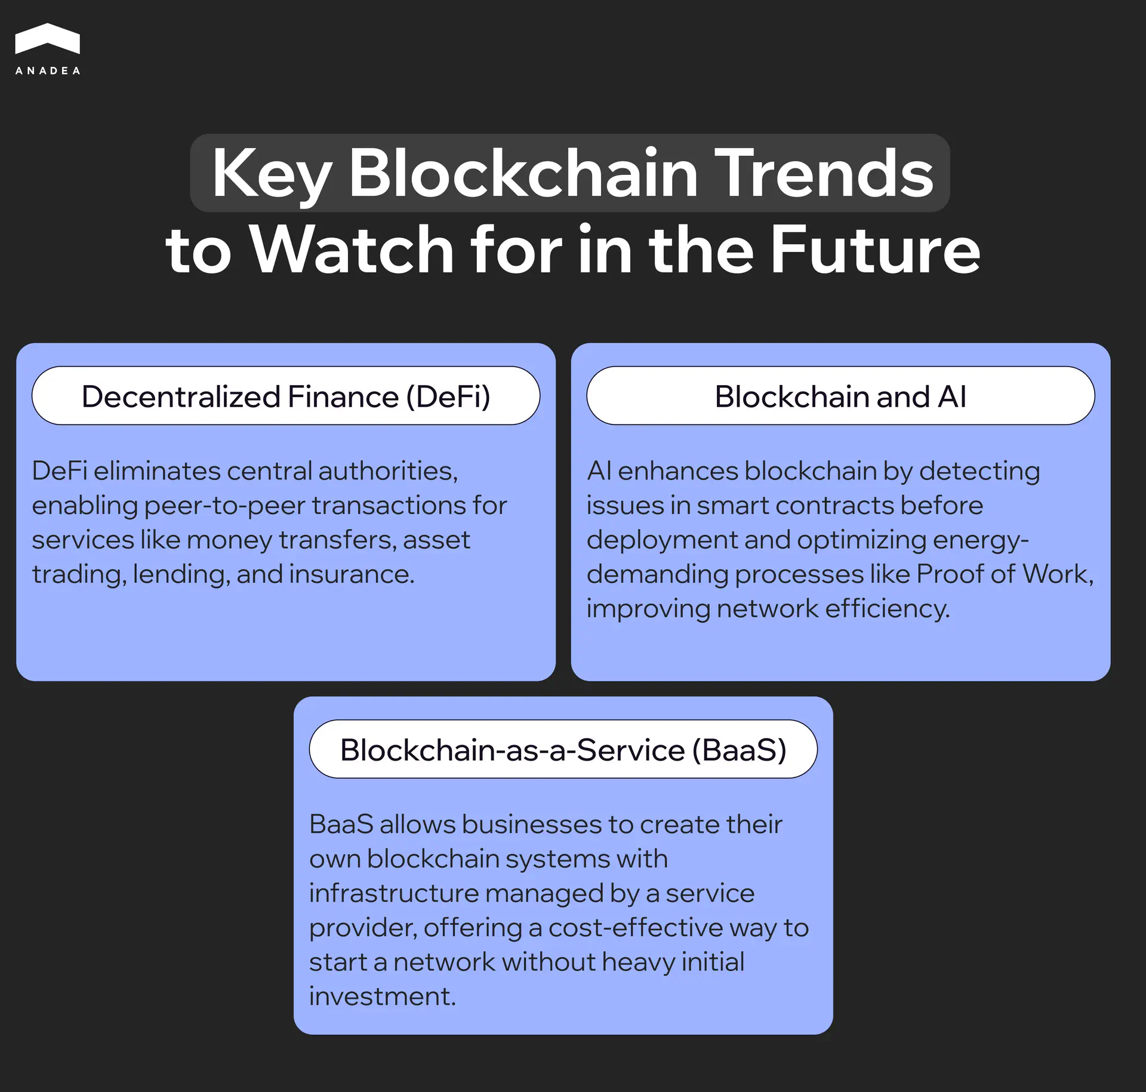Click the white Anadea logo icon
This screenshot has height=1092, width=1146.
[47, 39]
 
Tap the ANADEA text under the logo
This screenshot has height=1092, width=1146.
[47, 70]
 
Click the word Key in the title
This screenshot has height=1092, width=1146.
[272, 174]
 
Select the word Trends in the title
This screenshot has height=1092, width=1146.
[823, 174]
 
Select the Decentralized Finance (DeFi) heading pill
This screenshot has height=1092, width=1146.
[286, 396]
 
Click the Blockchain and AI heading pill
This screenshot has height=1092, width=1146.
[840, 396]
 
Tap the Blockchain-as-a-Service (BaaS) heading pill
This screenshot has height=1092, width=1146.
[563, 750]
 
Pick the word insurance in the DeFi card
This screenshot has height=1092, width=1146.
[352, 574]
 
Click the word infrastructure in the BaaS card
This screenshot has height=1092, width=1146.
[394, 894]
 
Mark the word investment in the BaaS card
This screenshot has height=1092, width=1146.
[382, 996]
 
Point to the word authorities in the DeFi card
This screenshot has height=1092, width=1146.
[388, 472]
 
